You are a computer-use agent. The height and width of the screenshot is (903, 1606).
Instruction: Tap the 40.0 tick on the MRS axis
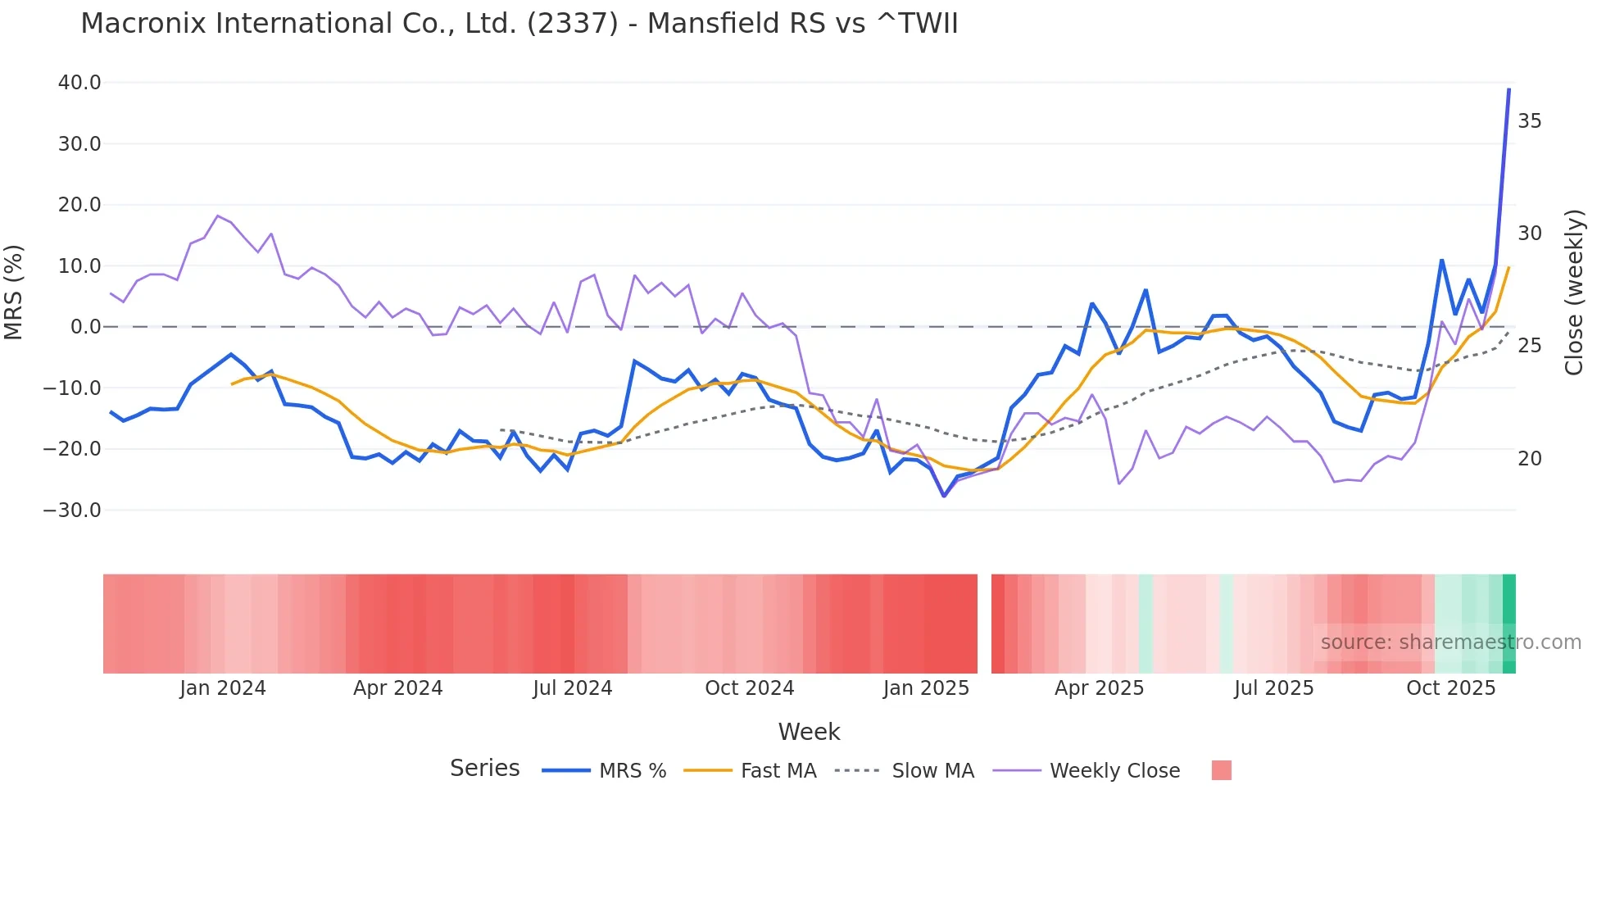click(79, 83)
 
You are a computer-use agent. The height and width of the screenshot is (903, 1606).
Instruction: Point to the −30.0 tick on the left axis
click(72, 510)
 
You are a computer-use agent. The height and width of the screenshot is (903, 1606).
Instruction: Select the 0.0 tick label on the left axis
click(85, 327)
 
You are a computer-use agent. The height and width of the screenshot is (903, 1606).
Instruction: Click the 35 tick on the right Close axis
click(1529, 121)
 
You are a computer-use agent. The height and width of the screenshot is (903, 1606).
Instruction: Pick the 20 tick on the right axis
click(1529, 459)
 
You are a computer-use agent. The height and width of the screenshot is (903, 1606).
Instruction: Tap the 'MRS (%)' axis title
click(14, 293)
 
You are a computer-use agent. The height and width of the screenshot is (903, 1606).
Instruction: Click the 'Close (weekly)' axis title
click(1573, 293)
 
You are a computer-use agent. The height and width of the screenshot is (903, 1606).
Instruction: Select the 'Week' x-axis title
click(809, 732)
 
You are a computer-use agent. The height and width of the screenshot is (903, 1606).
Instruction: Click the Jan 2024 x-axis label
click(223, 688)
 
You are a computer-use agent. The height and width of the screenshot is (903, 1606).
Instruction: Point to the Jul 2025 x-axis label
click(1273, 688)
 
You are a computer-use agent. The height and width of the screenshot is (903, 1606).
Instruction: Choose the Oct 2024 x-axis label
click(749, 688)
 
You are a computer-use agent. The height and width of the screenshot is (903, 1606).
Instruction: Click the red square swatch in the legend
click(1221, 770)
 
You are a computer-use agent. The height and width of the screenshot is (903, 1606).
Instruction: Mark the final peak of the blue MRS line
click(1508, 89)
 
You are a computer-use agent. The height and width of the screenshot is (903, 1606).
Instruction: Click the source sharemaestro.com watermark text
click(1450, 642)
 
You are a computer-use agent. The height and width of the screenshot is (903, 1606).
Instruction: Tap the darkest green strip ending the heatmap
click(1509, 624)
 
